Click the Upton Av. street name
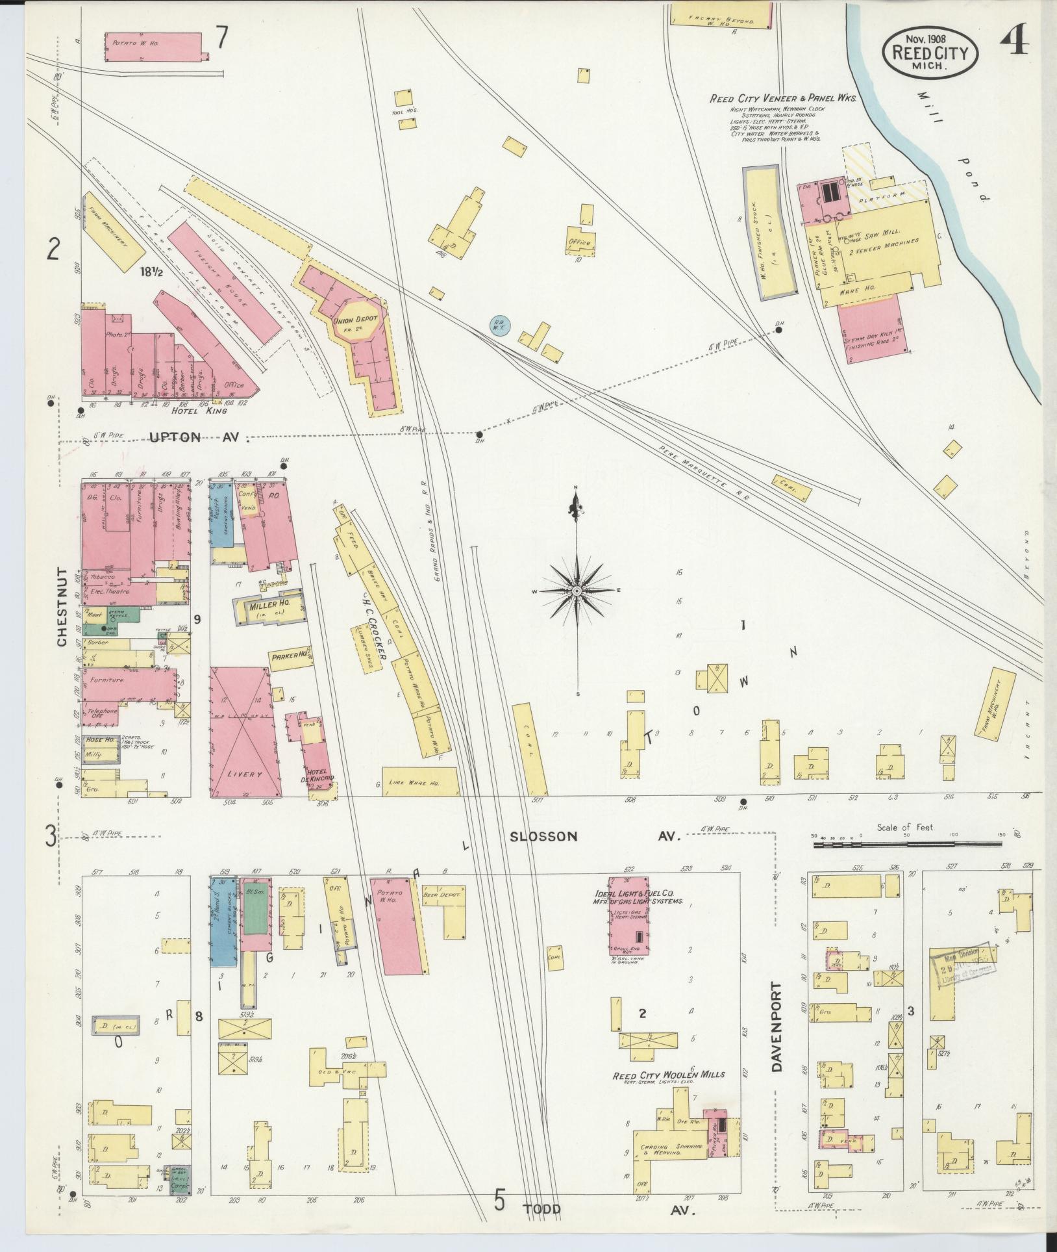[199, 438]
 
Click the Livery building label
[246, 775]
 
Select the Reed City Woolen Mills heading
[669, 1075]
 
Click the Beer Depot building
[444, 895]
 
